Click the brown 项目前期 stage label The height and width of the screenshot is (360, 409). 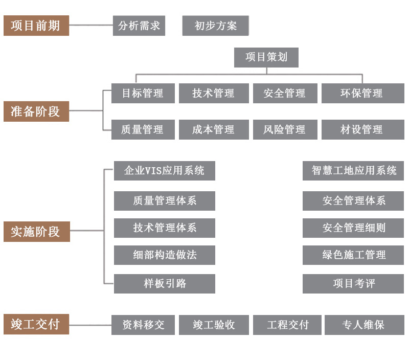pos(36,26)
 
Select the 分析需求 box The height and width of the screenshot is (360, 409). pos(139,26)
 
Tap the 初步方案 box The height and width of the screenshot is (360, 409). pos(215,26)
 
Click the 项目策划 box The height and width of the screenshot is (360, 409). pos(266,57)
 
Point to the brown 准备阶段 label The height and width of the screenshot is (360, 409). pos(36,111)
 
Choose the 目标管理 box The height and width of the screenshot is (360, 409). pos(143,93)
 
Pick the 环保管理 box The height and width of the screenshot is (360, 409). pos(362,93)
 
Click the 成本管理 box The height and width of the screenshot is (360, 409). pos(214,129)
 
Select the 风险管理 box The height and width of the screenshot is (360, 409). pos(285,129)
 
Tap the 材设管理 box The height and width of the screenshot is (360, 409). pos(362,129)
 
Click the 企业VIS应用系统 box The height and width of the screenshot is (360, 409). pos(164,171)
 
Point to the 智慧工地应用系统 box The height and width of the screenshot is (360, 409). pos(353,171)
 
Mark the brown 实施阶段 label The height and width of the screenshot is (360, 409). pos(36,232)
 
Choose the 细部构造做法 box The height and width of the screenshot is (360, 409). pos(164,255)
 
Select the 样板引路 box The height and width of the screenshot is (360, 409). pos(164,283)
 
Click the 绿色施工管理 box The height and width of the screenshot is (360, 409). pos(353,255)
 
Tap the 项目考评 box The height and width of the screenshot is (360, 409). pos(353,283)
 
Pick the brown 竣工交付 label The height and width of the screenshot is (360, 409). pos(36,324)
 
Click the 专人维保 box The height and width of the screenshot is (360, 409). pos(363,325)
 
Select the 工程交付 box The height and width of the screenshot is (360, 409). pos(288,325)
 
